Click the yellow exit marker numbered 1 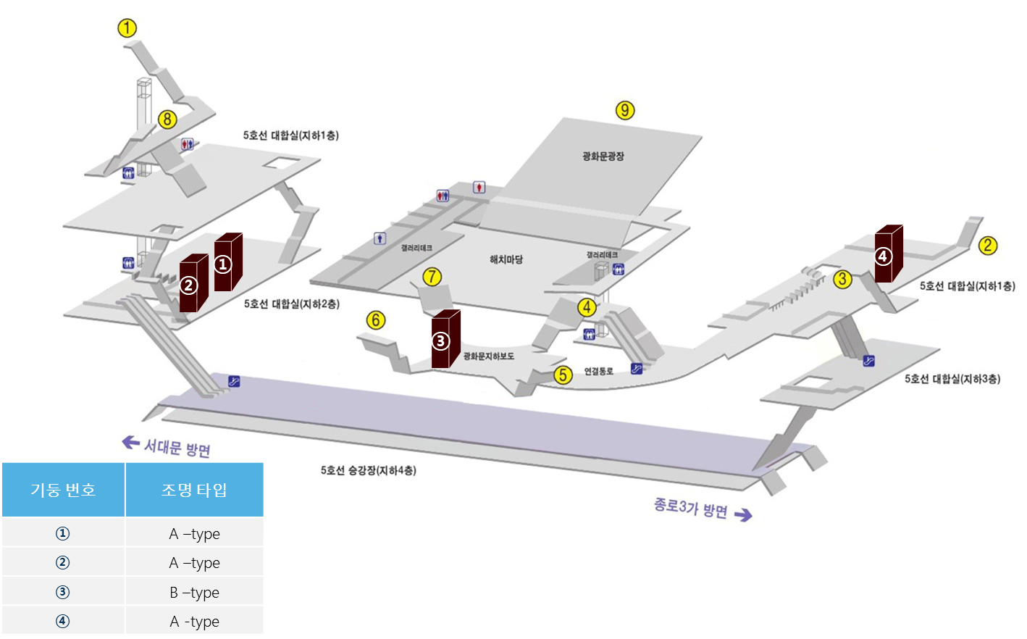(x=127, y=28)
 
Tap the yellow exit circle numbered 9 (x=625, y=110)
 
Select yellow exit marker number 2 (x=987, y=246)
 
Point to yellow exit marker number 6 (x=376, y=319)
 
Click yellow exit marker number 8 (x=167, y=119)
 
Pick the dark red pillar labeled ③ (x=444, y=339)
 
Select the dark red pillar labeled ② (x=192, y=284)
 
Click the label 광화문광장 (x=603, y=156)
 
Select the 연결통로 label (x=598, y=371)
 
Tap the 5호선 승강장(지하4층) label (x=368, y=470)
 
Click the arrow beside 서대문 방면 (x=130, y=442)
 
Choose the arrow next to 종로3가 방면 (x=743, y=514)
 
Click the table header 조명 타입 (x=194, y=490)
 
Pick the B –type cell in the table (x=194, y=592)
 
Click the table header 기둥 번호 (x=63, y=490)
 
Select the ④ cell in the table (x=63, y=621)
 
